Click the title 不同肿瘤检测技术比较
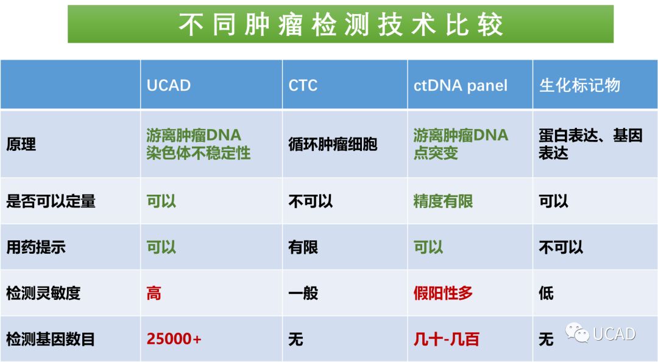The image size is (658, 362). point(341,24)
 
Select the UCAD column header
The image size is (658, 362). point(169,85)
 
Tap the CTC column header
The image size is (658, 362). point(303,85)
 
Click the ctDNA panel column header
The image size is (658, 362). point(461,85)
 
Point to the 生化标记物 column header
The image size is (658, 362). point(579,85)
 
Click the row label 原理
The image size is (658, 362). point(21,144)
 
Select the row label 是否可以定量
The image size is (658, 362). point(51,201)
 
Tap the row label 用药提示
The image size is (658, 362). point(36,247)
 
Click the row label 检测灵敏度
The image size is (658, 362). point(43,293)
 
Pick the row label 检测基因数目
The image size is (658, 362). point(51,339)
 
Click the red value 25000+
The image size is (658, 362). point(174,338)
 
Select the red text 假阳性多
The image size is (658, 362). point(443,293)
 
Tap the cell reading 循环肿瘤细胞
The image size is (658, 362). point(333,144)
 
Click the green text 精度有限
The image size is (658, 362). point(443,201)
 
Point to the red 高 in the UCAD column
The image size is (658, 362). point(154,293)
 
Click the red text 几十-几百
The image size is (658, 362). point(447,339)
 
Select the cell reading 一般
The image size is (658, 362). point(303,293)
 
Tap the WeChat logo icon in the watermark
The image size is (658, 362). point(577,333)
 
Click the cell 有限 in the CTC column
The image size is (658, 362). point(303,247)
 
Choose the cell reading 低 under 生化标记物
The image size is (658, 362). point(547,293)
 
